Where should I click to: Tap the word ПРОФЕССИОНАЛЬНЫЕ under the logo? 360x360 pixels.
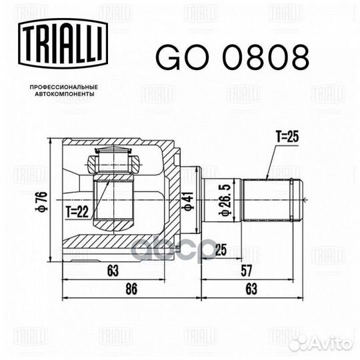(65, 87)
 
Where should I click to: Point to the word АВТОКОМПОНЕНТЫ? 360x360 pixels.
(65, 95)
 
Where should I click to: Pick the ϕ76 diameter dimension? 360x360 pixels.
(41, 200)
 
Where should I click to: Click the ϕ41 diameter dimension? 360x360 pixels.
(189, 200)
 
